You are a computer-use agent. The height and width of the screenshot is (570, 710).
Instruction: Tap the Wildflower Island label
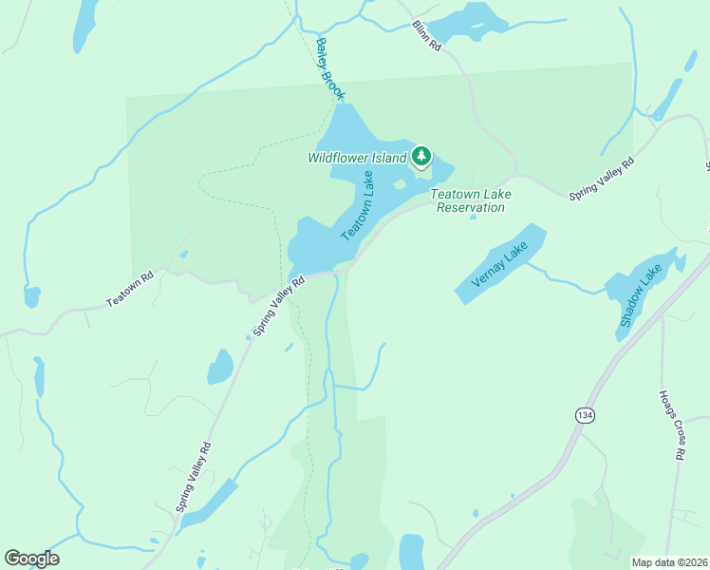click(356, 158)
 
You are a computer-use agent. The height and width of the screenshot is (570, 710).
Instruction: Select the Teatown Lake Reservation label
click(471, 200)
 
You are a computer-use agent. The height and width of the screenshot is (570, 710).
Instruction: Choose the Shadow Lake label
click(641, 296)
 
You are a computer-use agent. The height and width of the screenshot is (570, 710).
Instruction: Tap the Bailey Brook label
click(329, 68)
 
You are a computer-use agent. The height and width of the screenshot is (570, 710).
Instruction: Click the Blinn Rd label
click(428, 36)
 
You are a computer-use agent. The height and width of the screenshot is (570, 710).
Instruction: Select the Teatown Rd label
click(129, 290)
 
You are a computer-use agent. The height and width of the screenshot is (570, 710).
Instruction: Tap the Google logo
click(31, 559)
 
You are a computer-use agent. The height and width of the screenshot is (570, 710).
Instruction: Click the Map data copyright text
click(669, 562)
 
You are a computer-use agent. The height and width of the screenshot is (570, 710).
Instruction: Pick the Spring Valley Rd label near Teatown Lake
click(278, 306)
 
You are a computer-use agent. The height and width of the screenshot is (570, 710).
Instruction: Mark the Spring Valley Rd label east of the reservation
click(601, 179)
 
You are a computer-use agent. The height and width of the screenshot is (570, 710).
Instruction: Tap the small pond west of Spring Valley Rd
click(220, 366)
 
